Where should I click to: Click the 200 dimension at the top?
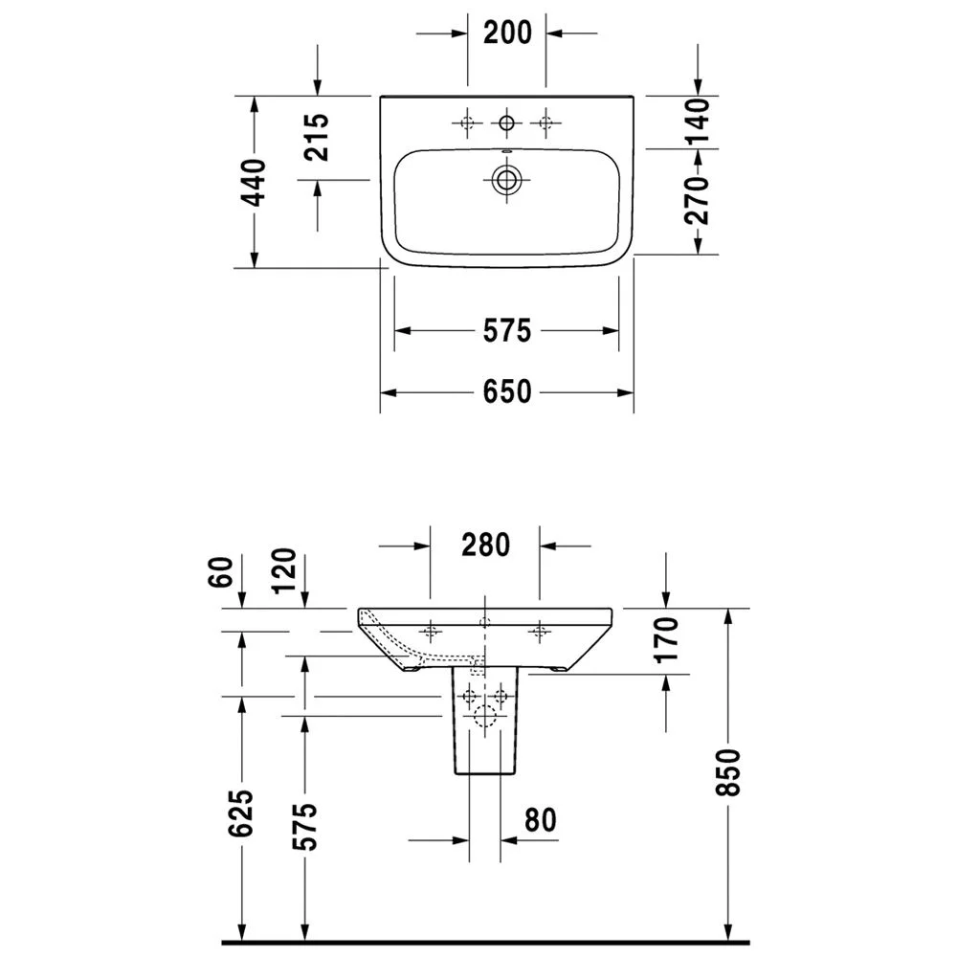click(506, 33)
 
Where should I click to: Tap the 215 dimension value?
click(318, 136)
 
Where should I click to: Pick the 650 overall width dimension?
click(506, 392)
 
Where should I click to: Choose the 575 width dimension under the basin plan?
click(506, 330)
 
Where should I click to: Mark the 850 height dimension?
click(727, 771)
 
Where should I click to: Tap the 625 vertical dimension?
click(242, 813)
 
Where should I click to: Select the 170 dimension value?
click(666, 639)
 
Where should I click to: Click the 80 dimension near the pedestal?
click(541, 820)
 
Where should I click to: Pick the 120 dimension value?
click(284, 571)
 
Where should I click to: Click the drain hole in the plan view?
click(506, 178)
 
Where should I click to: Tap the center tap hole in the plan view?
click(506, 122)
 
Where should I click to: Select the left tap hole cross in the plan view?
click(468, 122)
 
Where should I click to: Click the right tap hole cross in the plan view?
click(546, 122)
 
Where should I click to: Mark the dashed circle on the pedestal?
click(486, 714)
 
